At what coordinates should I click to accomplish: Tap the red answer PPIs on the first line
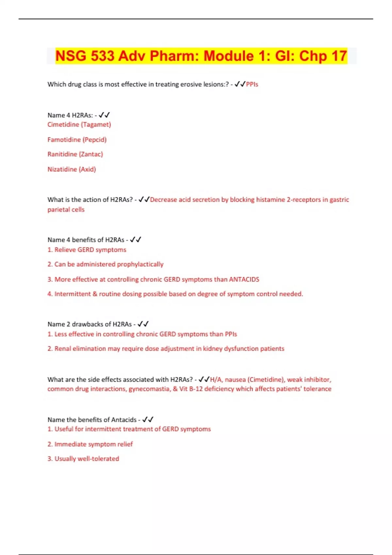(x=252, y=84)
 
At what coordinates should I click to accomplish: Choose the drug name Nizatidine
(x=62, y=169)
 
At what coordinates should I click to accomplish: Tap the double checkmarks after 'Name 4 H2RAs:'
(x=104, y=115)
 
